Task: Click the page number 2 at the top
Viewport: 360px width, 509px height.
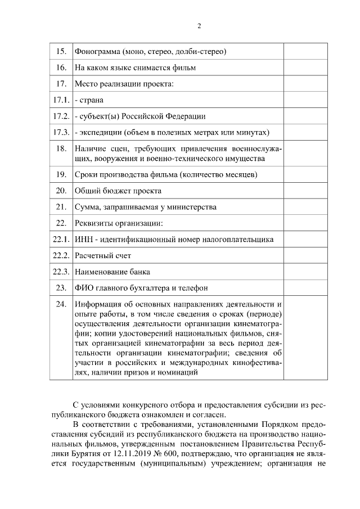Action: (199, 26)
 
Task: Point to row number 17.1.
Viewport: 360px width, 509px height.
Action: (60, 100)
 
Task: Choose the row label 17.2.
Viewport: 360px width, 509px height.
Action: (60, 116)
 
